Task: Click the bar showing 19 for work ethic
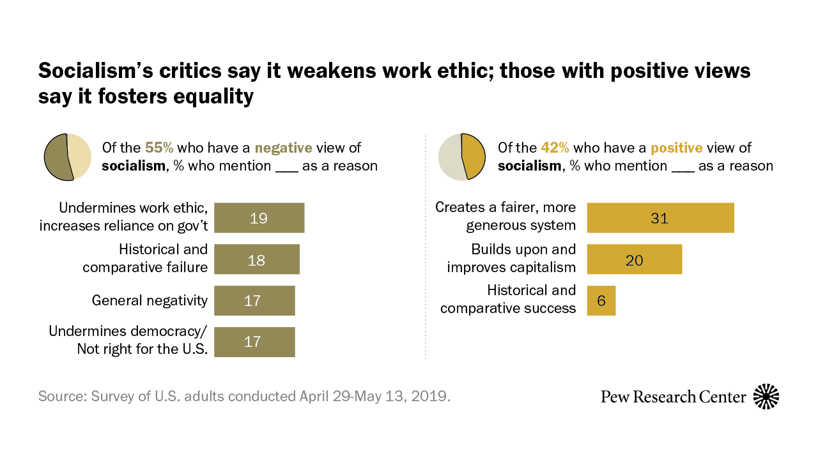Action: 259,218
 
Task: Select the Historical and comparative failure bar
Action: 256,259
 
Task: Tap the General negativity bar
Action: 254,300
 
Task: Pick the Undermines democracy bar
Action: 254,342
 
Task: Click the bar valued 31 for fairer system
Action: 660,218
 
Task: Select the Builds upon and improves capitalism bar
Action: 634,259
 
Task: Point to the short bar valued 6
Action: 601,300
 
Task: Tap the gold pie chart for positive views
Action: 461,157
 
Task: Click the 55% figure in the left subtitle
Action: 159,148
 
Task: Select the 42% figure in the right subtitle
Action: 555,148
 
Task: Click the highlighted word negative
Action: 283,148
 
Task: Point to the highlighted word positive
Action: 677,148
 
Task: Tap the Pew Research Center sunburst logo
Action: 766,397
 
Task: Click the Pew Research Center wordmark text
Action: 673,397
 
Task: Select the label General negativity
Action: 150,300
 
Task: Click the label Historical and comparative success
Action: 508,299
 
